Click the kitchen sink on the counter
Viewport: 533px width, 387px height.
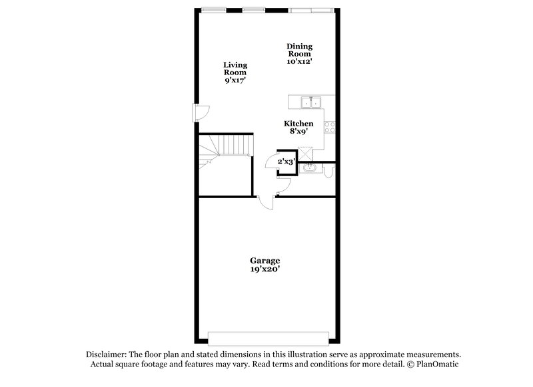point(310,102)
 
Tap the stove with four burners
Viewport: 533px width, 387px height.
point(328,126)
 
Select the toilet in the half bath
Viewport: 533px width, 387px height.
point(329,172)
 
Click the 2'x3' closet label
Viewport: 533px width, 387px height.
point(286,161)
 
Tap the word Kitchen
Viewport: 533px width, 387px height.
point(298,124)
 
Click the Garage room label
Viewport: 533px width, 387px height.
point(265,261)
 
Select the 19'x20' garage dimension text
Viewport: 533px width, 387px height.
point(265,269)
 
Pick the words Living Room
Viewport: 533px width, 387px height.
point(235,68)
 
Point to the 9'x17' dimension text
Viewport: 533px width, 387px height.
point(235,80)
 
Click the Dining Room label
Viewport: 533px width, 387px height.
point(299,50)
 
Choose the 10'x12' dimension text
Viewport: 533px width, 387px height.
point(299,61)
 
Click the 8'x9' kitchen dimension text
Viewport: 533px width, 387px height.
point(298,133)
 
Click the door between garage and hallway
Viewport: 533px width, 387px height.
point(265,202)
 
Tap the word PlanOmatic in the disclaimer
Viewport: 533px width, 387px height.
point(437,364)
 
